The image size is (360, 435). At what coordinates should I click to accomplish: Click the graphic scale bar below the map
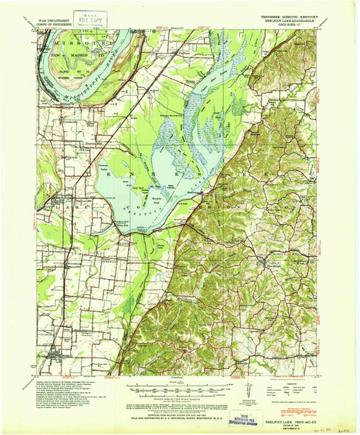pyautogui.click(x=178, y=378)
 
